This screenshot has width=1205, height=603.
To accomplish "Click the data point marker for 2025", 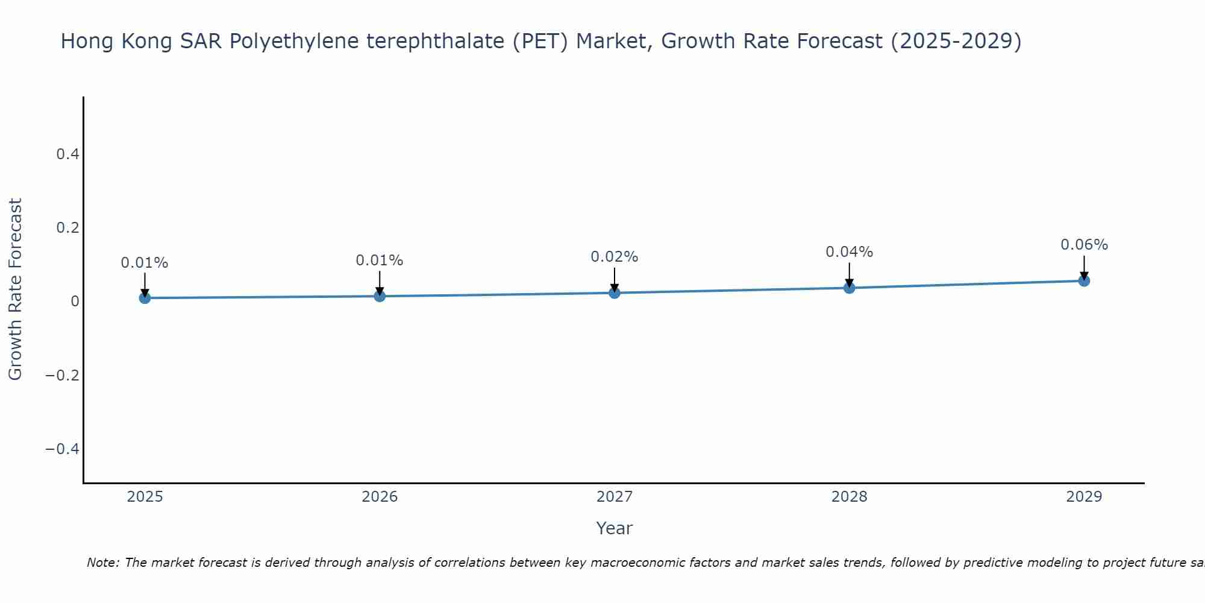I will click(145, 298).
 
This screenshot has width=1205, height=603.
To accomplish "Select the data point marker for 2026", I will click(380, 296).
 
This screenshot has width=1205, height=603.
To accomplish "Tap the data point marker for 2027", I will click(615, 293).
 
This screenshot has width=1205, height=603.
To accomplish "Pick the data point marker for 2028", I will click(850, 288).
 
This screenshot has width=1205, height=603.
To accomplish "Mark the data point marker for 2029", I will click(1084, 280).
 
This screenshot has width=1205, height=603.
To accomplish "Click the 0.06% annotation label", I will click(1084, 245).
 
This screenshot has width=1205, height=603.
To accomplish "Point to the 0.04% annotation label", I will click(849, 252).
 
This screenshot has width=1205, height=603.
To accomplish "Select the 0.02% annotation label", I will click(614, 257).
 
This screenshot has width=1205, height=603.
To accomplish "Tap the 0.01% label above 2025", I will click(145, 263).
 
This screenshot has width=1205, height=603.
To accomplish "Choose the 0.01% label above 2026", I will click(380, 260).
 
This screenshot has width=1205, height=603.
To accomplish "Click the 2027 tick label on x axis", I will click(615, 497).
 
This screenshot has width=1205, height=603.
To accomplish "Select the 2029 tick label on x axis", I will click(1084, 497).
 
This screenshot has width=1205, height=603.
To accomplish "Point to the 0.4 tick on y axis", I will click(67, 154).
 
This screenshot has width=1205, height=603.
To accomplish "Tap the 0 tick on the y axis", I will click(75, 301).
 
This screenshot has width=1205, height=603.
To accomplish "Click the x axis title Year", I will click(614, 528).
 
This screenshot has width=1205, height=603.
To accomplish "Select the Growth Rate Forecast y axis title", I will click(15, 289).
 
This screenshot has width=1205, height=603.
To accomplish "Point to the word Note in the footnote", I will click(102, 563).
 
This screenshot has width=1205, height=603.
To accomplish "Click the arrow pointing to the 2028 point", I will click(850, 274).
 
